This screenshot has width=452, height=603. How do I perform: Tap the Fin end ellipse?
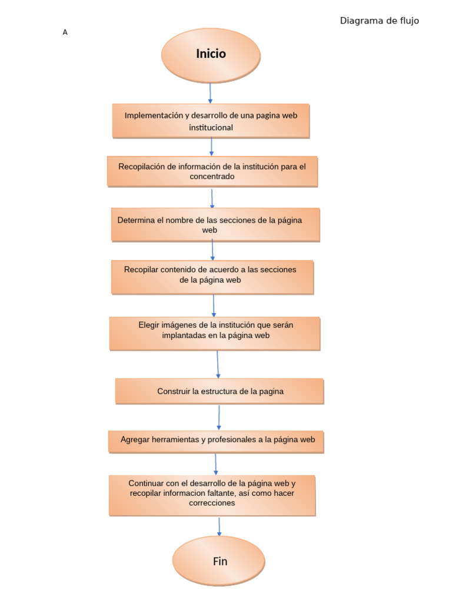(x=219, y=561)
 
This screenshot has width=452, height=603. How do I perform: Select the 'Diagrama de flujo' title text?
(x=379, y=21)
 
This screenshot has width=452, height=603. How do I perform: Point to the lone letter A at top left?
(x=65, y=32)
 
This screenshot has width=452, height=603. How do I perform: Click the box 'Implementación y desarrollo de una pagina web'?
(x=211, y=121)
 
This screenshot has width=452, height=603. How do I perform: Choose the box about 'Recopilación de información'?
(x=212, y=171)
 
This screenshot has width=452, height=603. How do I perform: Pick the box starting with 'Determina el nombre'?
(x=215, y=224)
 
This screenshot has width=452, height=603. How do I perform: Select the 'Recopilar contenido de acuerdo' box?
(x=212, y=277)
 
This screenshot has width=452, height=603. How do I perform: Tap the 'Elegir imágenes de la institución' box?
(x=215, y=333)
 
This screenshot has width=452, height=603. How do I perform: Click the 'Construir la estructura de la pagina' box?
(x=220, y=391)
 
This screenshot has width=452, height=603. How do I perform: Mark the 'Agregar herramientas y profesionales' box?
(x=216, y=440)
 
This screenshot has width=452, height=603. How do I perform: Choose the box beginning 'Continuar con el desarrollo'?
(x=212, y=495)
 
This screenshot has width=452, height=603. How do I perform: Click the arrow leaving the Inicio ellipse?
(x=210, y=93)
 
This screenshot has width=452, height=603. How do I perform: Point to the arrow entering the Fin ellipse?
(x=219, y=526)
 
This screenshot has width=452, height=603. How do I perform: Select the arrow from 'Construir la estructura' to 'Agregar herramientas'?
(x=219, y=418)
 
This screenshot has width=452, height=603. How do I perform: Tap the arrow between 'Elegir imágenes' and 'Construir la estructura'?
(x=217, y=364)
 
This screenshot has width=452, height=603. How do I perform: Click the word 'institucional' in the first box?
(x=211, y=127)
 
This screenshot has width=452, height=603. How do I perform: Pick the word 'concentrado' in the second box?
(x=212, y=177)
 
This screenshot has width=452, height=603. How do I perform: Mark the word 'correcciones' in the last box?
(x=212, y=503)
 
